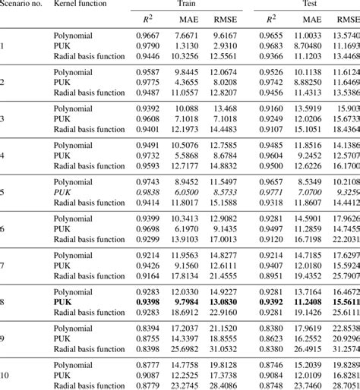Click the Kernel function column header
click(85, 5)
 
